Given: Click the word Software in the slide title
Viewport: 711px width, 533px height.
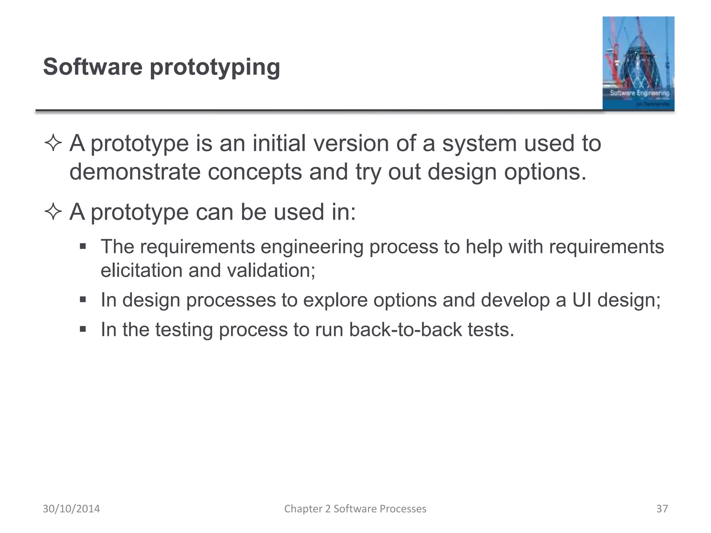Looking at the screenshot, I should click(x=93, y=67).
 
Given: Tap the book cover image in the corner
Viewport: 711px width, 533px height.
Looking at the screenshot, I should click(x=638, y=63).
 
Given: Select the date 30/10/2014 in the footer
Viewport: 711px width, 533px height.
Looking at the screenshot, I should click(x=71, y=509).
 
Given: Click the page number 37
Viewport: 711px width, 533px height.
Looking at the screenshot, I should click(x=662, y=509).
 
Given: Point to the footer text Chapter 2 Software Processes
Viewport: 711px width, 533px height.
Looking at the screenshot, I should click(x=355, y=509).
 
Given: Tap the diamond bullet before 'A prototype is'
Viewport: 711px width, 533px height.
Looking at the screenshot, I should click(x=53, y=144).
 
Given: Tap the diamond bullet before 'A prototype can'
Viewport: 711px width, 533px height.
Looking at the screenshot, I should click(x=53, y=212).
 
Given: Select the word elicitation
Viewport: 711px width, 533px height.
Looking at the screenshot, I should click(x=141, y=270).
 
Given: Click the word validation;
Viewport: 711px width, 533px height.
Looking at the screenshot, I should click(x=271, y=270).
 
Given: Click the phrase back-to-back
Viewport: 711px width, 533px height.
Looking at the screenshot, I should click(x=405, y=330).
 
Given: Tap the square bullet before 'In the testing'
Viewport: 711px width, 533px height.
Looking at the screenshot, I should click(x=83, y=329).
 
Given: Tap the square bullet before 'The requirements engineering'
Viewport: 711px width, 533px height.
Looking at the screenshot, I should click(x=83, y=247).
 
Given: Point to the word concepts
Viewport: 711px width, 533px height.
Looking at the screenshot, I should click(x=255, y=172).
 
